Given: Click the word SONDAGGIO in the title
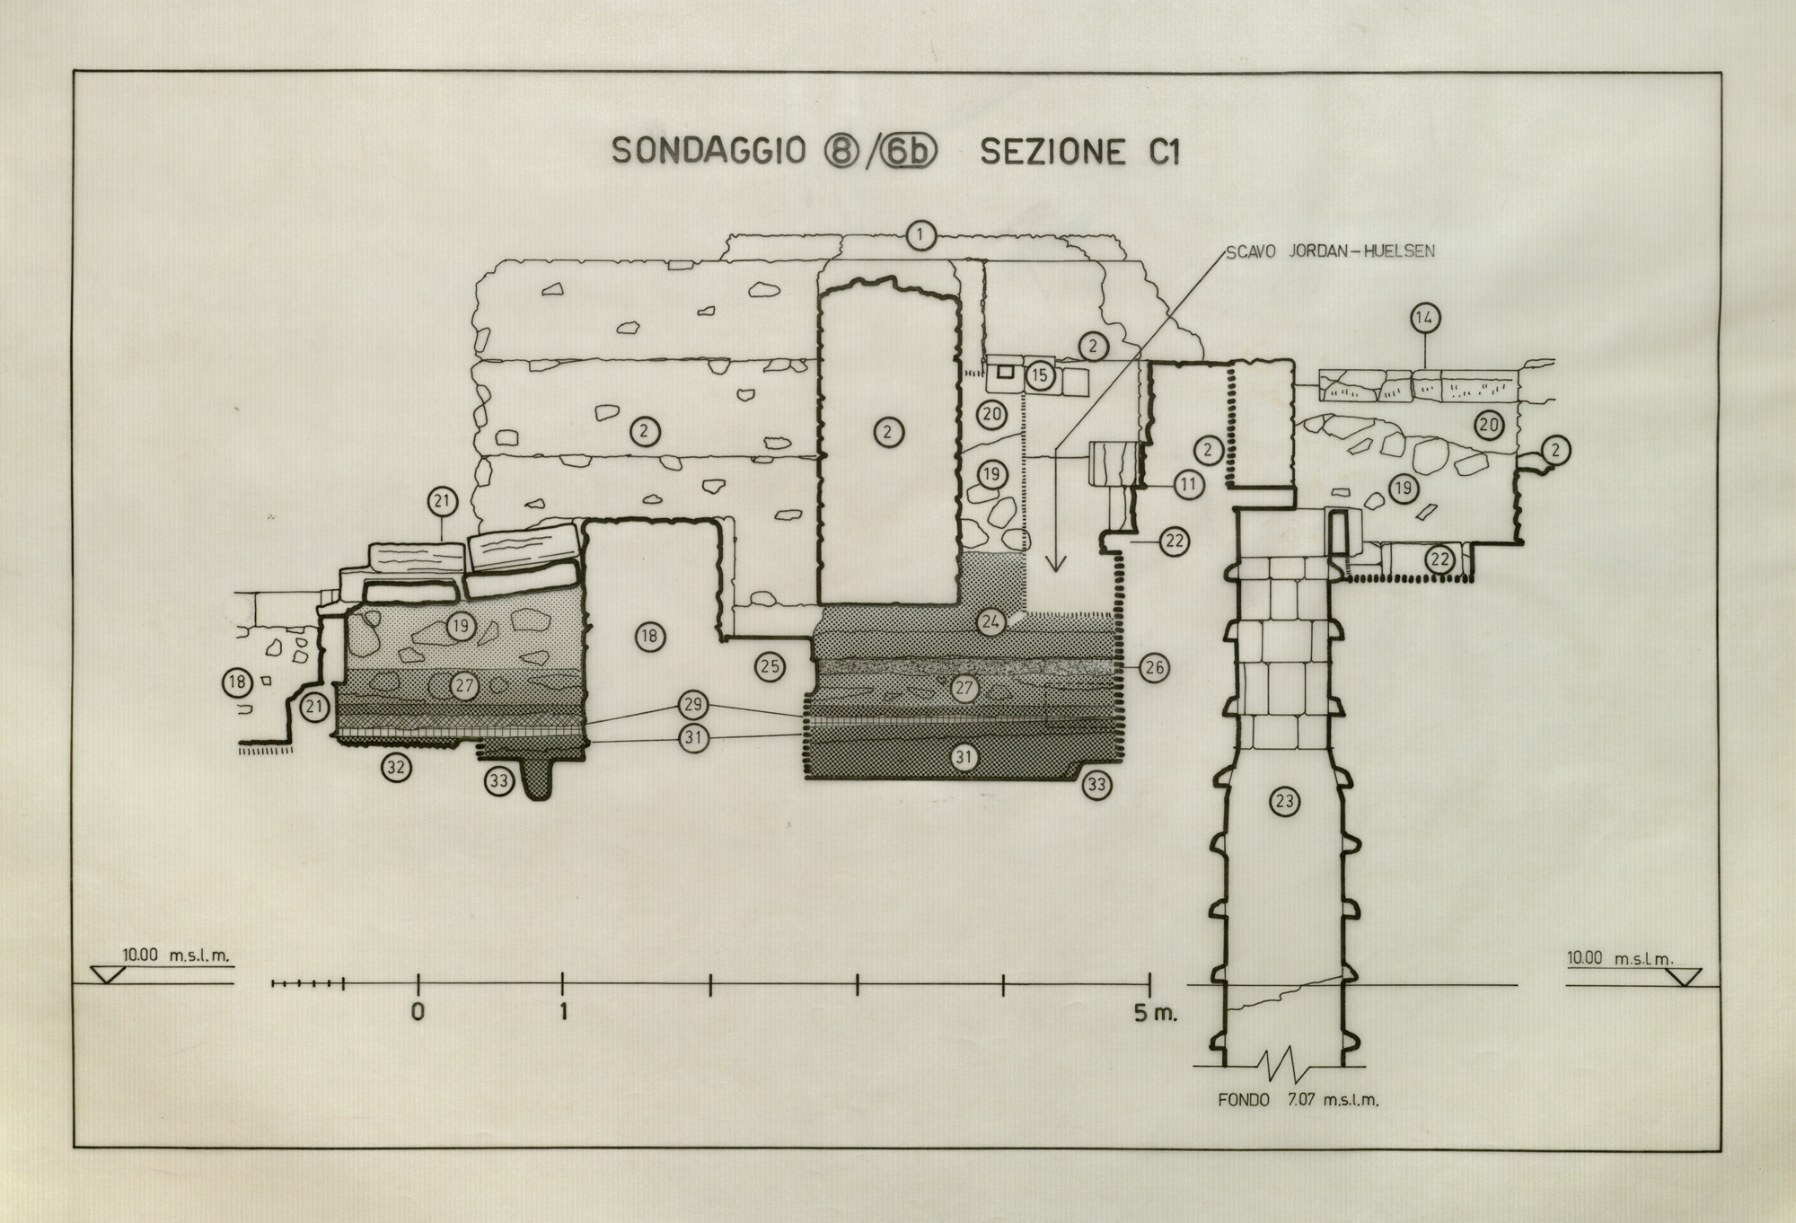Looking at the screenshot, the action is [709, 151].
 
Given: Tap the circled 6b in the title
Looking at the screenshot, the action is [907, 152].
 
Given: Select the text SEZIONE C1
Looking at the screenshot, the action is [1079, 152].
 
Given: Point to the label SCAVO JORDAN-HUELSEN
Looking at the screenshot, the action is [1329, 251].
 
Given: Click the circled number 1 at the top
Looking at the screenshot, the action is [920, 236].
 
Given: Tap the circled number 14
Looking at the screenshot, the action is [1425, 318].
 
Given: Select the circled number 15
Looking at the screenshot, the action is [1039, 375].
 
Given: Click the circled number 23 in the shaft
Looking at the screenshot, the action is [1285, 801].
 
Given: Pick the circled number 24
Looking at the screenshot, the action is [990, 621].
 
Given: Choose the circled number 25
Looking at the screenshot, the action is [770, 666].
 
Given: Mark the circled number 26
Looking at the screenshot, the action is [1154, 667].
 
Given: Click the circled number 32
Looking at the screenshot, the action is [396, 767].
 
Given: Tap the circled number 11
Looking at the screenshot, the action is [1188, 486].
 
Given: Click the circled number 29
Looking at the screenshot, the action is [693, 705].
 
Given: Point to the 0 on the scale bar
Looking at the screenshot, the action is [418, 1012].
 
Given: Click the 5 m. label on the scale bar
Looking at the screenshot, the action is [1155, 1013].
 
